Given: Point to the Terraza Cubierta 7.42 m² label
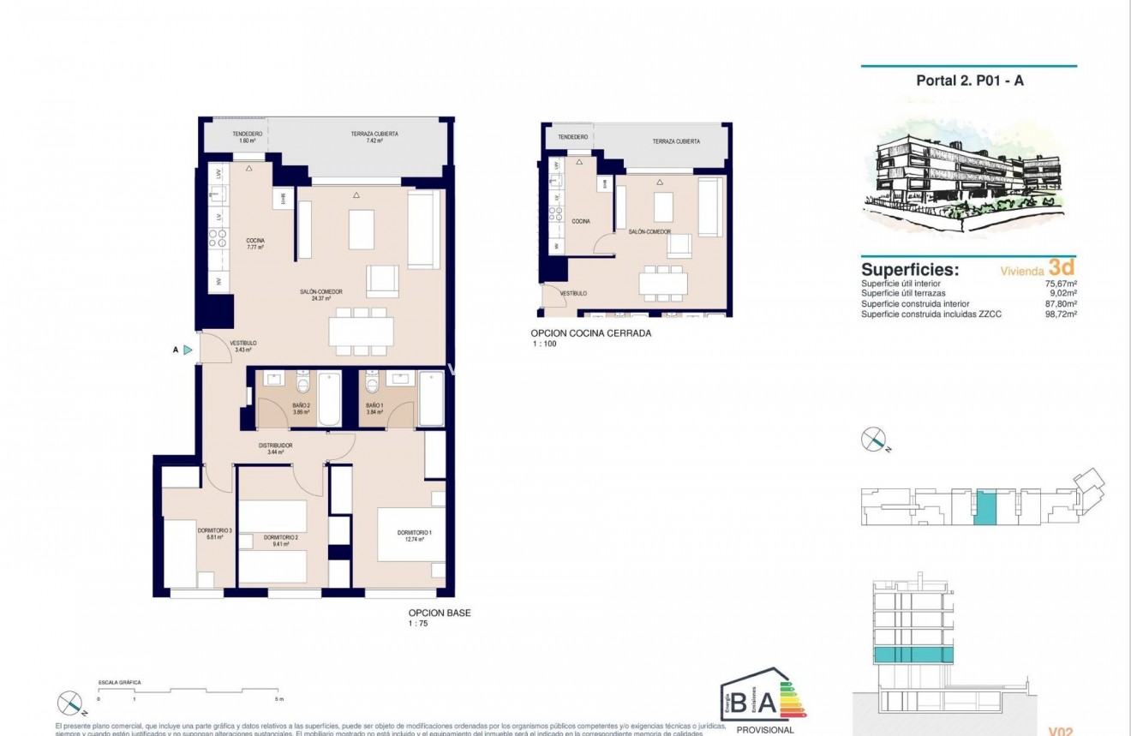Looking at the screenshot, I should point(374,136).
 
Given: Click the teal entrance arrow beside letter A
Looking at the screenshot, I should point(188,350).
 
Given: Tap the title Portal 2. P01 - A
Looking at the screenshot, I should point(970,81).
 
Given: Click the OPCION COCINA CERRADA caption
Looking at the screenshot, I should point(591,333).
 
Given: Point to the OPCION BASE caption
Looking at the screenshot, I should point(440,613).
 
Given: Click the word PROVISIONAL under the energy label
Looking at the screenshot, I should point(765,730).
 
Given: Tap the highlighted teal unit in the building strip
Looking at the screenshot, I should point(986,507).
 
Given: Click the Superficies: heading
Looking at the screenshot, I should point(909,270).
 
